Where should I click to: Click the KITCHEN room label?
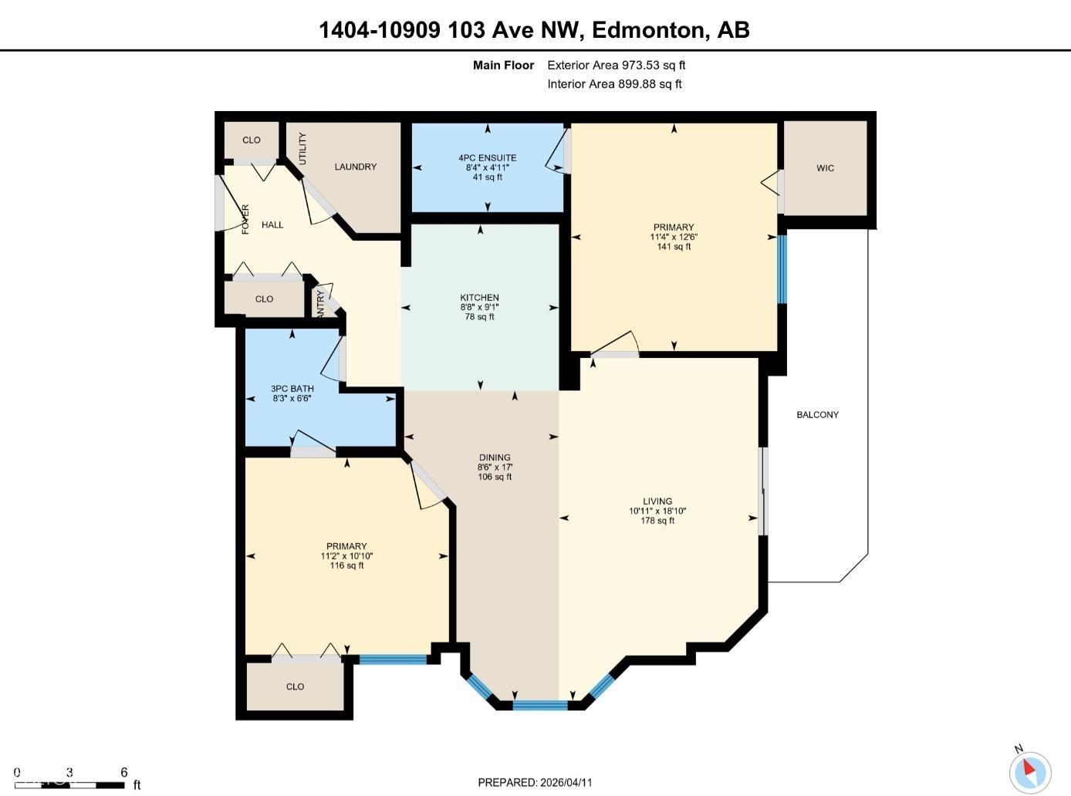tap(479, 298)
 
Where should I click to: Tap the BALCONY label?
tap(817, 415)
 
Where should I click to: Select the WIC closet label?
tap(825, 168)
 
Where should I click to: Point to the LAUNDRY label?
tap(355, 167)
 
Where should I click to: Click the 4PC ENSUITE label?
tap(487, 158)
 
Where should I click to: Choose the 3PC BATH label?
tap(292, 389)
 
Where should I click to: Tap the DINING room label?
tap(494, 457)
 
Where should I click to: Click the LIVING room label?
tap(657, 501)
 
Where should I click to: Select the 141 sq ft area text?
tap(673, 247)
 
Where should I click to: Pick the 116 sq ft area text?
tap(346, 565)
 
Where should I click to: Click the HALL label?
tap(272, 225)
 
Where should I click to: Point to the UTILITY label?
tap(302, 148)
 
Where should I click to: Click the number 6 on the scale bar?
tap(124, 772)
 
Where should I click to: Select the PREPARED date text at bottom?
tap(535, 782)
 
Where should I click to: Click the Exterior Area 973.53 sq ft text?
tap(616, 66)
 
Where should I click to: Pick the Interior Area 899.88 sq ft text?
tap(614, 84)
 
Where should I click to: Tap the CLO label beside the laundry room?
tap(252, 140)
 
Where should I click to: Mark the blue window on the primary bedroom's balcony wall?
tap(782, 269)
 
